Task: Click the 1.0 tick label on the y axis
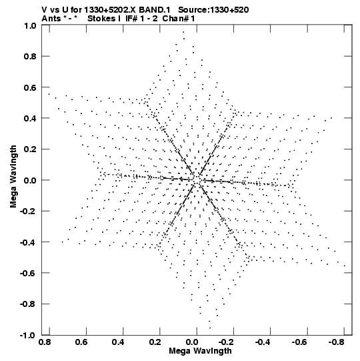(30, 26)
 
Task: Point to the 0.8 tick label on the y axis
(30, 57)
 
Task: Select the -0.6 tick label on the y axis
(28, 274)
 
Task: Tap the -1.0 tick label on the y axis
(28, 335)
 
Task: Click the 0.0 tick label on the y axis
(30, 180)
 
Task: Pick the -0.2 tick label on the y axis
(28, 212)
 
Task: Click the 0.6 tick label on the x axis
(81, 342)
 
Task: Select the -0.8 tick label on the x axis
(336, 342)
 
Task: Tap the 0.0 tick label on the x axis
(192, 342)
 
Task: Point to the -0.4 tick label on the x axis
(263, 342)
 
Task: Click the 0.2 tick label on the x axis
(155, 342)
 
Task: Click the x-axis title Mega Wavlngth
(200, 351)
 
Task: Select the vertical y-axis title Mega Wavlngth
(13, 177)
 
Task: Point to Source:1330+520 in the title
(213, 10)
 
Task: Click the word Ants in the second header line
(51, 19)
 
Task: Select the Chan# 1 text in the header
(179, 19)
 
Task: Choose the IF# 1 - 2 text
(141, 19)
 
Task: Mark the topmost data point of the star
(183, 32)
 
